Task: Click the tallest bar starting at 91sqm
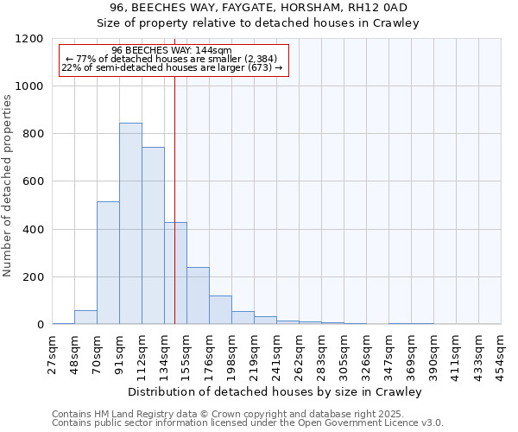(130, 224)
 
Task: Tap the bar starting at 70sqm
(108, 263)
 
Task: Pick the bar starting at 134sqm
(175, 273)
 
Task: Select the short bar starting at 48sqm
(85, 317)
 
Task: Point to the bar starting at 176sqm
(220, 309)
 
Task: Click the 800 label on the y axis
(33, 134)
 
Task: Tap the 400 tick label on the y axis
(33, 230)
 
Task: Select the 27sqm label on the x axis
(52, 353)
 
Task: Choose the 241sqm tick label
(276, 353)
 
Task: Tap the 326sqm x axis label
(366, 353)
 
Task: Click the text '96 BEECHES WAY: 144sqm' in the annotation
(172, 51)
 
